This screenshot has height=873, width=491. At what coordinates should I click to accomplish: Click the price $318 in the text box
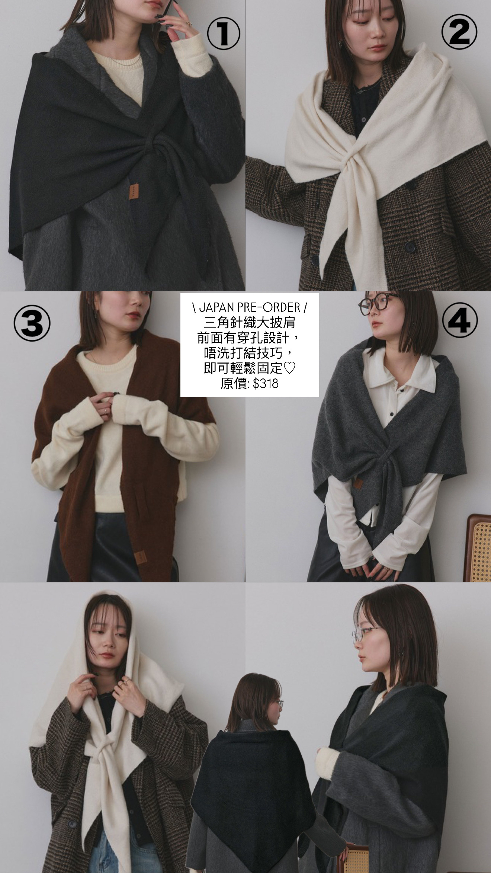point(266,383)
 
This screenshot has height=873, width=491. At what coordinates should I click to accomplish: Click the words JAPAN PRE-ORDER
point(250,307)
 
